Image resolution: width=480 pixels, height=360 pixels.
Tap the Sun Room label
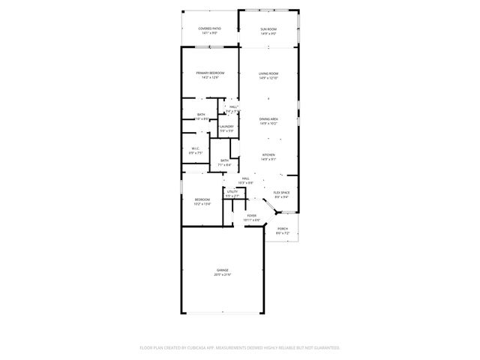pos(268,28)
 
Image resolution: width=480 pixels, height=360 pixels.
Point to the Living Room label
pos(268,73)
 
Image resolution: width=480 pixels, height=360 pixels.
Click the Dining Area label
pos(268,118)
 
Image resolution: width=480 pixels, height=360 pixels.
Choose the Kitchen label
pos(268,154)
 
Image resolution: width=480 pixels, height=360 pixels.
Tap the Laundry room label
pos(226,127)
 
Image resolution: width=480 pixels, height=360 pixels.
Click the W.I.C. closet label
pos(194,148)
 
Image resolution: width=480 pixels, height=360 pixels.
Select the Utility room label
pos(232,192)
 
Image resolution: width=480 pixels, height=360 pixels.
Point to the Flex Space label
pos(281,193)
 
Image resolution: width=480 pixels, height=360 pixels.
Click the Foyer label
pos(252,215)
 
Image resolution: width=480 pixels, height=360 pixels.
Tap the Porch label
pos(282,229)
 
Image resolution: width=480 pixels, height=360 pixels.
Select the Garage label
pos(223,270)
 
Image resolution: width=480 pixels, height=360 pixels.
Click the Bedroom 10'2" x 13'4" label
pos(202,199)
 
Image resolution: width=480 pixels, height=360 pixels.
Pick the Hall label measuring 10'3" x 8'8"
pos(245,178)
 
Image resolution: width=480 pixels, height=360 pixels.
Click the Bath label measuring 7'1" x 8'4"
pos(225,160)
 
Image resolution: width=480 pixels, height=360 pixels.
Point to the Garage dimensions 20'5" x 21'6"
pos(223,274)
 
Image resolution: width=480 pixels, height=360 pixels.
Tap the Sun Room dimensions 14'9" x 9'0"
pos(268,33)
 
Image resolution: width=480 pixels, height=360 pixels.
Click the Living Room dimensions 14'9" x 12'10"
pos(268,78)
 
